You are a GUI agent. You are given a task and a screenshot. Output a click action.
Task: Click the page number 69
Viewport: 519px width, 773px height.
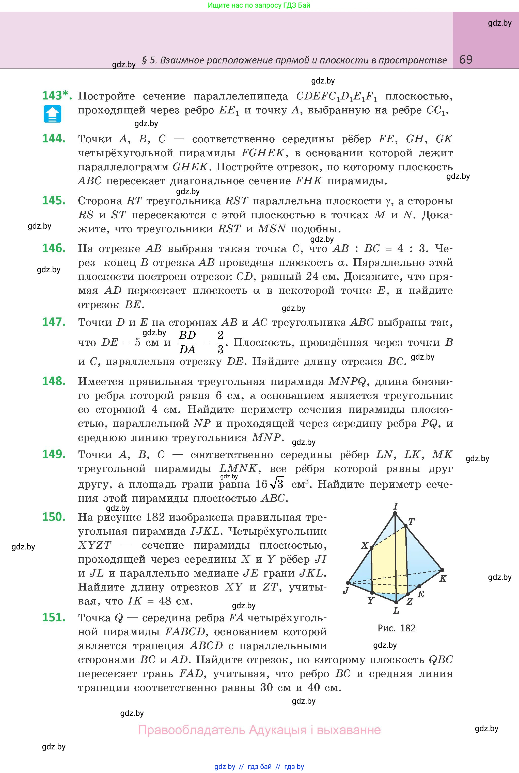pyautogui.click(x=466, y=60)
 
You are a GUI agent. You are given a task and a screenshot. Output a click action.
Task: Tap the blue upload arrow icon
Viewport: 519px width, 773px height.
pyautogui.click(x=52, y=114)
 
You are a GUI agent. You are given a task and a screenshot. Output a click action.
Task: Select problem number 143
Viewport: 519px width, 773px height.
pyautogui.click(x=56, y=96)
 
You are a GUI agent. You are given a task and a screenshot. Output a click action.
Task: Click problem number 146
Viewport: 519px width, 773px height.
pyautogui.click(x=54, y=248)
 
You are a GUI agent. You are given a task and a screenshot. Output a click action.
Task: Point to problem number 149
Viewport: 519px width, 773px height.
pyautogui.click(x=54, y=454)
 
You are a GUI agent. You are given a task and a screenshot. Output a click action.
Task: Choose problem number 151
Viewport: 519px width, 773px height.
pyautogui.click(x=54, y=617)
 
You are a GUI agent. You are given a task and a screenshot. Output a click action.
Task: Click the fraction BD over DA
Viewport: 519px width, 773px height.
pyautogui.click(x=187, y=342)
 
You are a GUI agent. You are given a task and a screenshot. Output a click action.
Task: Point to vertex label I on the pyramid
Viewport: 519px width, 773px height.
pyautogui.click(x=395, y=506)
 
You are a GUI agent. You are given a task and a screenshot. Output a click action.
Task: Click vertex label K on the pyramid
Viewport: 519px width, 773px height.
pyautogui.click(x=443, y=578)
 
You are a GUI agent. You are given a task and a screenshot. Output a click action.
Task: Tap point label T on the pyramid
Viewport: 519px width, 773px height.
pyautogui.click(x=412, y=522)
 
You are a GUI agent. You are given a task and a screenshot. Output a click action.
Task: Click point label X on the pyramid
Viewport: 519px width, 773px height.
pyautogui.click(x=365, y=545)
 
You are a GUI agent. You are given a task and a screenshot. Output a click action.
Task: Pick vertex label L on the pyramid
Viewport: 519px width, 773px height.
pyautogui.click(x=396, y=610)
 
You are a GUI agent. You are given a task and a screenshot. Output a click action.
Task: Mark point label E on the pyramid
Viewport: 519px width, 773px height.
pyautogui.click(x=421, y=594)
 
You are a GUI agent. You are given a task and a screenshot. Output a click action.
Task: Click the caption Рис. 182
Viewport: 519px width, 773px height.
pyautogui.click(x=397, y=628)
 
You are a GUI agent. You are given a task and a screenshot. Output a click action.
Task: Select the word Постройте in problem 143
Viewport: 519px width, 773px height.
pyautogui.click(x=106, y=96)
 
